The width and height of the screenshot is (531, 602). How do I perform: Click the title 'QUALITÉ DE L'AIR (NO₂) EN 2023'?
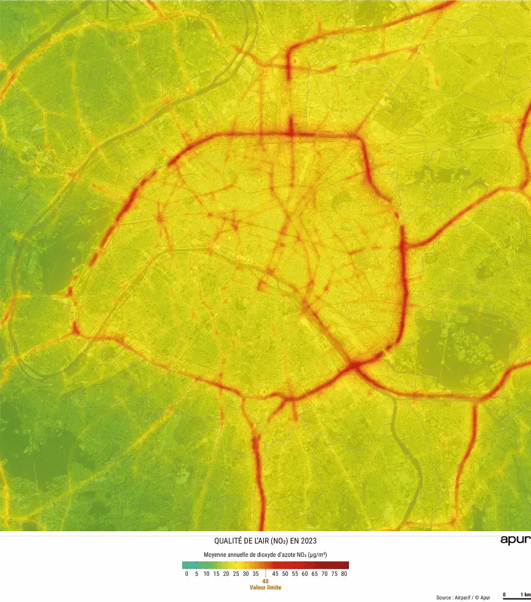[265, 541]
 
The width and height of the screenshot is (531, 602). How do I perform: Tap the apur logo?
[515, 540]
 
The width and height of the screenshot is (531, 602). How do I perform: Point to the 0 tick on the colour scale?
[187, 574]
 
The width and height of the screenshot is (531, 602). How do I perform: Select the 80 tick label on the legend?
[344, 574]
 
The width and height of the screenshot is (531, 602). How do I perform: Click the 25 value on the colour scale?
[236, 574]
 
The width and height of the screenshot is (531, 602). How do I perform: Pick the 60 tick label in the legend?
[305, 574]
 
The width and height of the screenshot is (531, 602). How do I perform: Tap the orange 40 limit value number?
[265, 581]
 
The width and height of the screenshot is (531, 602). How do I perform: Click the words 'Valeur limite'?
[265, 587]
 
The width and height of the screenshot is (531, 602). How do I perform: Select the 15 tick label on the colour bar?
[216, 574]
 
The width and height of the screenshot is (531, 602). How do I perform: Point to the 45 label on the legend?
[275, 574]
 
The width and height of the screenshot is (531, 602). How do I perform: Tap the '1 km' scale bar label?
[525, 595]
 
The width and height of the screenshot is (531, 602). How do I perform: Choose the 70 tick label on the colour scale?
[325, 574]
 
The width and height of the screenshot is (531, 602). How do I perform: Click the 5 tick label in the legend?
[196, 574]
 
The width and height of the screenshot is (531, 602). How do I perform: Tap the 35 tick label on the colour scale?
[256, 574]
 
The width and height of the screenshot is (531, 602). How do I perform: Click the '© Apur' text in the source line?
[481, 597]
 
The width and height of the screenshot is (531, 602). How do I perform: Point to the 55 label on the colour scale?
[295, 574]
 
